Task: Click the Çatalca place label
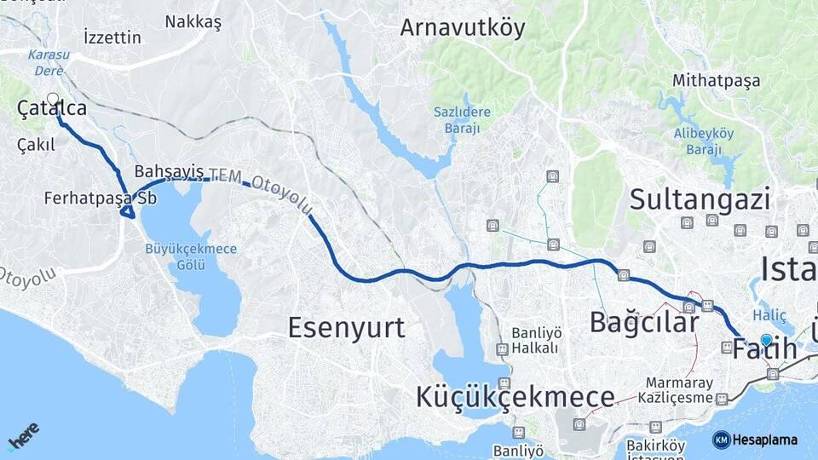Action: click(x=52, y=109)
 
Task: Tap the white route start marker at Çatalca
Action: click(x=53, y=99)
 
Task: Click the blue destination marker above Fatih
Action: click(x=766, y=341)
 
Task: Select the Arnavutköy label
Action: click(x=463, y=27)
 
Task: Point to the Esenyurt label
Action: click(x=346, y=327)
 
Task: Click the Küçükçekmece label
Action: click(x=516, y=396)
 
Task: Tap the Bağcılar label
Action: click(x=644, y=322)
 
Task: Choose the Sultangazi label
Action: click(x=700, y=199)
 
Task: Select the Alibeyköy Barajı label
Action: click(x=704, y=141)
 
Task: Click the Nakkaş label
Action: click(x=193, y=22)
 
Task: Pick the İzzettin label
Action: click(x=112, y=37)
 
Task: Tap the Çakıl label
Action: click(x=37, y=145)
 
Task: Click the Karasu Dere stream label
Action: click(x=49, y=62)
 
